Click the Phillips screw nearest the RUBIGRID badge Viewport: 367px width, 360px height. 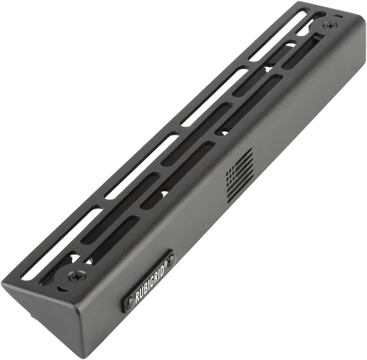pyautogui.click(x=77, y=277)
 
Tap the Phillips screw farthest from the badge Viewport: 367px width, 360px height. pyautogui.click(x=330, y=25)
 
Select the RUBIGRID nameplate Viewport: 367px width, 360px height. pyautogui.click(x=149, y=281)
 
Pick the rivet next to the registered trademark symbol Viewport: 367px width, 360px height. pyautogui.click(x=171, y=258)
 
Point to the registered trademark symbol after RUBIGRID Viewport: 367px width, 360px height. pyautogui.click(x=165, y=264)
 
